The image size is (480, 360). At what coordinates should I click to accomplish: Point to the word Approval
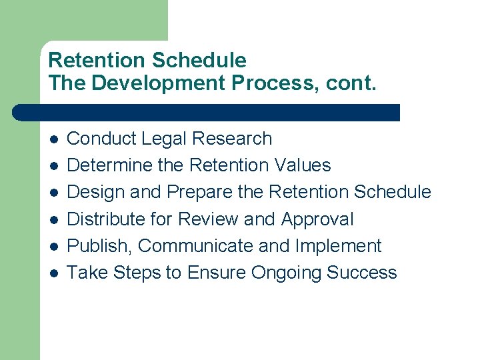(317, 219)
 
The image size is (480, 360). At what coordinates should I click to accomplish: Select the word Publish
(101, 245)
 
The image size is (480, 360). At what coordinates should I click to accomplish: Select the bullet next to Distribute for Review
(54, 220)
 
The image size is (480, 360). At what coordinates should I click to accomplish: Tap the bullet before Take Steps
(54, 273)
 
